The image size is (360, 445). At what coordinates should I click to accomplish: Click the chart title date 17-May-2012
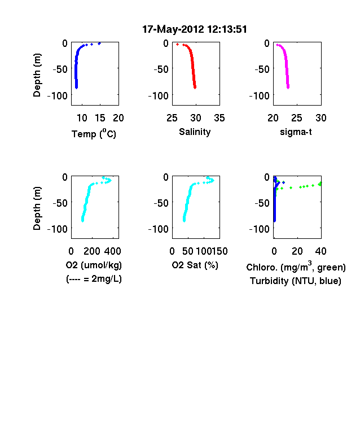[173, 29]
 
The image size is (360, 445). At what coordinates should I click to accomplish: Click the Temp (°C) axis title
[94, 133]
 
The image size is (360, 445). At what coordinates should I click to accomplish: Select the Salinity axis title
[195, 132]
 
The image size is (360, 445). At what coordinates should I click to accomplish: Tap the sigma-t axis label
[296, 132]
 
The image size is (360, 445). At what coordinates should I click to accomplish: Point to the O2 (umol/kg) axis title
[94, 265]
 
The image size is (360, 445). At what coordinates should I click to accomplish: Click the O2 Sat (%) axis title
[195, 265]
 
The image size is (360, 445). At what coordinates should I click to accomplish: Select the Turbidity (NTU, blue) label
[295, 281]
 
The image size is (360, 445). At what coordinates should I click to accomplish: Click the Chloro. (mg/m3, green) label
[296, 267]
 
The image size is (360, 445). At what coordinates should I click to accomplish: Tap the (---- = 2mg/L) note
[94, 279]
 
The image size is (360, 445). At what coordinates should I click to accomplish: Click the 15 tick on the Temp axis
[100, 118]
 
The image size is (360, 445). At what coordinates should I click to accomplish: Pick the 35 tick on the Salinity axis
[219, 118]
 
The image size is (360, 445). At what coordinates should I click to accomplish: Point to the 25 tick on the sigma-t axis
[296, 118]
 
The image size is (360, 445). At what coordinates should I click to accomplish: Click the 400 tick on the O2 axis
[112, 251]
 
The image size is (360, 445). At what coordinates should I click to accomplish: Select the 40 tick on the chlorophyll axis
[321, 251]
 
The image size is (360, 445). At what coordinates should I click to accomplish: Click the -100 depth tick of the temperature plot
[58, 95]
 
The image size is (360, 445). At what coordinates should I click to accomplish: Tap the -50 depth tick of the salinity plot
[161, 69]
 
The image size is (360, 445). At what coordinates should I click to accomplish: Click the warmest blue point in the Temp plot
[99, 43]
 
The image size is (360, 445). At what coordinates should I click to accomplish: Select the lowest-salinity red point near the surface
[177, 44]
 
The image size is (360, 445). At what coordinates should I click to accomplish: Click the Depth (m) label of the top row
[37, 75]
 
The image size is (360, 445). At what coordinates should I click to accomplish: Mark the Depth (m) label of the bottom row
[37, 208]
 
